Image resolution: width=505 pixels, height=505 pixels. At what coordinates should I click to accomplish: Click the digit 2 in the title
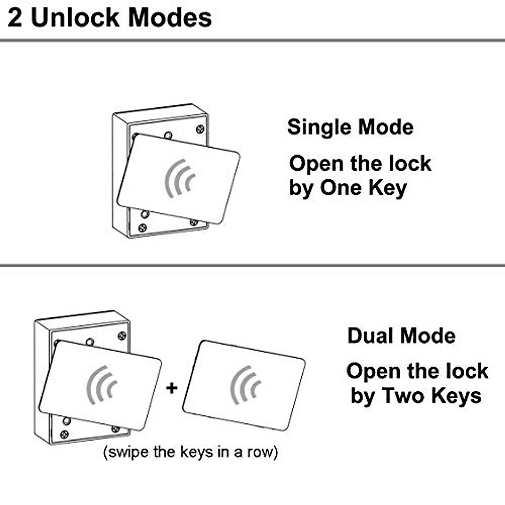click(x=15, y=19)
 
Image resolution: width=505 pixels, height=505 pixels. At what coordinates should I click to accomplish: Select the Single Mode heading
click(x=350, y=127)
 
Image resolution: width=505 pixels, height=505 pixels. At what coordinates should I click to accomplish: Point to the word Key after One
click(x=388, y=189)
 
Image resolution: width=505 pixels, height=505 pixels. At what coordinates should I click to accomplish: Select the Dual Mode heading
click(x=401, y=336)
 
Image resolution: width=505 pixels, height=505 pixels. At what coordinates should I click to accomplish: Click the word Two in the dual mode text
click(x=404, y=396)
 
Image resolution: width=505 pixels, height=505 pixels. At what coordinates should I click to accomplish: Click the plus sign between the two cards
click(x=172, y=387)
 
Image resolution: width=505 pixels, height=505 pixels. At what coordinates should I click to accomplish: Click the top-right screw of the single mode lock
click(x=200, y=129)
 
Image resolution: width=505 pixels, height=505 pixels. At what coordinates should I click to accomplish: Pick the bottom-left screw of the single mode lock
click(x=143, y=228)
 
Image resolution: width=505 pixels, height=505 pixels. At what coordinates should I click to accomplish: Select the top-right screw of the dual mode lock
click(x=122, y=335)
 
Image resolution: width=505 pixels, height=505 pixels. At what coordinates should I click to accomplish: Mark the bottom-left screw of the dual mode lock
click(x=64, y=434)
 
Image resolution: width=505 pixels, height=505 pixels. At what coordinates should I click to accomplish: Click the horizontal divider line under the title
click(x=252, y=40)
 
